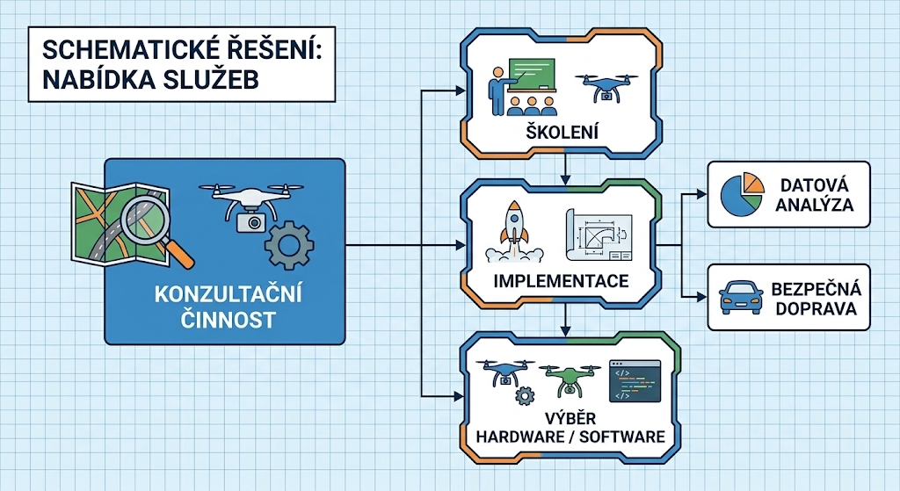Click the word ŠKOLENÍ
(562, 132)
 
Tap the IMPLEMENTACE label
(561, 281)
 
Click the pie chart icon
(743, 194)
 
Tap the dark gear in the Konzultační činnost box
(288, 246)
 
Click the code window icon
(635, 381)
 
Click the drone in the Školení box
(606, 88)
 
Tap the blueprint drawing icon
(599, 235)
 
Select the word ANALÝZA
(815, 205)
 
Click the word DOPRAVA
(817, 308)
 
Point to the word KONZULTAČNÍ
(228, 295)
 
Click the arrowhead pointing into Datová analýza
(701, 194)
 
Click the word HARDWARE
(520, 437)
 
